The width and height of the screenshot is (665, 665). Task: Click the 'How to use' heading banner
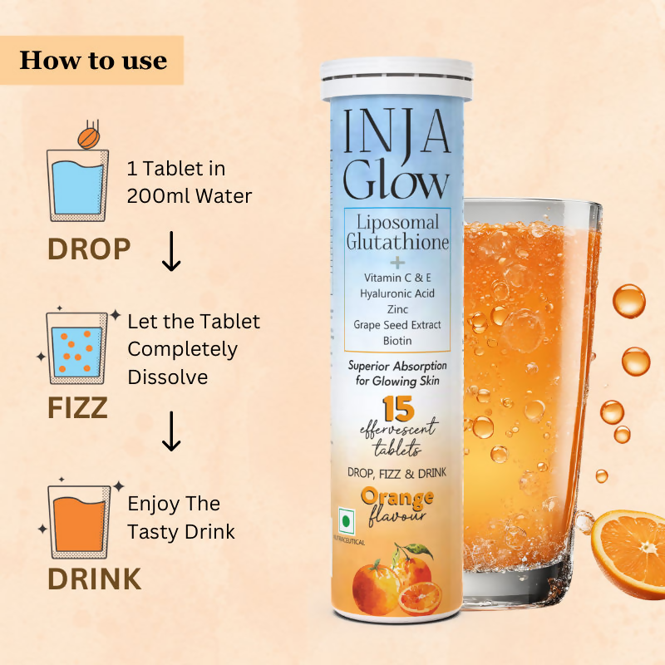click(92, 60)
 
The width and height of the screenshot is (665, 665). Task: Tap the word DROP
click(89, 249)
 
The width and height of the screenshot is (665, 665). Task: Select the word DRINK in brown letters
click(94, 579)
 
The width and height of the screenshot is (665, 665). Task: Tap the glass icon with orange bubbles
click(77, 348)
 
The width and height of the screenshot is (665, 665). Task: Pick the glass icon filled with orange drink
click(77, 520)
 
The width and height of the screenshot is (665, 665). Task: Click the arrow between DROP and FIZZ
click(171, 254)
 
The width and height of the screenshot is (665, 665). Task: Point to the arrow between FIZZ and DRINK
click(171, 432)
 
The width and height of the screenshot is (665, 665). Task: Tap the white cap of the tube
click(397, 79)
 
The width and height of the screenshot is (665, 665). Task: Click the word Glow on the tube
click(397, 178)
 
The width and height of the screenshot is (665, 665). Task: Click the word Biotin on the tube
click(397, 341)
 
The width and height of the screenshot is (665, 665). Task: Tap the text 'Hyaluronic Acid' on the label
click(397, 293)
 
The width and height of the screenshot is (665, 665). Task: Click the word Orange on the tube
click(397, 498)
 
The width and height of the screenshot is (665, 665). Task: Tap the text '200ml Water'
click(190, 196)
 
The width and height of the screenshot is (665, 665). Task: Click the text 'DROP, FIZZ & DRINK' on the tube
click(397, 473)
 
